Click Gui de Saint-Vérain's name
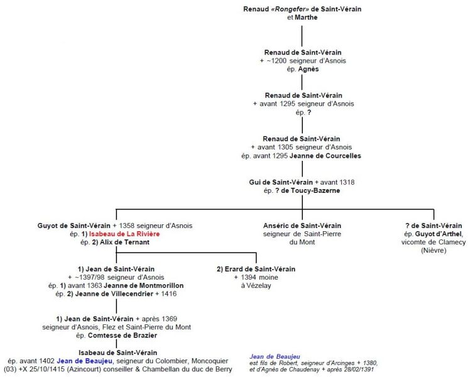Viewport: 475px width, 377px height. click(x=283, y=182)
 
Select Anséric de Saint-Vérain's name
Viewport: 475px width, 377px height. click(x=302, y=226)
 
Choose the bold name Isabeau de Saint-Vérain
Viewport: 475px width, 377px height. click(x=117, y=352)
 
